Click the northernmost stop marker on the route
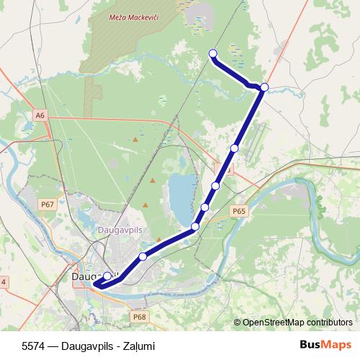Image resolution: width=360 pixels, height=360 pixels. pyautogui.click(x=213, y=53)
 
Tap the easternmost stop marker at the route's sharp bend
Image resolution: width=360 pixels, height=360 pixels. pyautogui.click(x=264, y=87)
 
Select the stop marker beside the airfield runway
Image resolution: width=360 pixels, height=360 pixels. pyautogui.click(x=235, y=148)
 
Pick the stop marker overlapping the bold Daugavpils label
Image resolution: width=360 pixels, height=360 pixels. pyautogui.click(x=107, y=276)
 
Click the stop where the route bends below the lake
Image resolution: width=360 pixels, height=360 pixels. pyautogui.click(x=195, y=228)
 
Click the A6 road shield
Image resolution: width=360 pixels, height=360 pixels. pyautogui.click(x=40, y=114)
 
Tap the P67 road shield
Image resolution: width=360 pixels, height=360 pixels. pyautogui.click(x=48, y=204)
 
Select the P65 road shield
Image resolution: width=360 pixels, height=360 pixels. pyautogui.click(x=239, y=211)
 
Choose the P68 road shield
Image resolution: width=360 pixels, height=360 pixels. pyautogui.click(x=139, y=316)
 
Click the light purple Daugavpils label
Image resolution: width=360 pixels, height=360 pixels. pyautogui.click(x=120, y=230)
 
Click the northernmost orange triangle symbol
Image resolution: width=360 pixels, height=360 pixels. pyautogui.click(x=152, y=180)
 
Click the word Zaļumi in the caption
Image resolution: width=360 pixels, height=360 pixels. pyautogui.click(x=139, y=346)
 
